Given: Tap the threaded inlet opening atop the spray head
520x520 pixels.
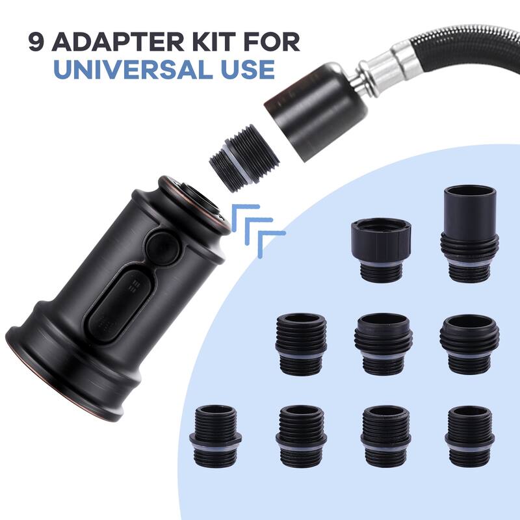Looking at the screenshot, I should tap(195, 195).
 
